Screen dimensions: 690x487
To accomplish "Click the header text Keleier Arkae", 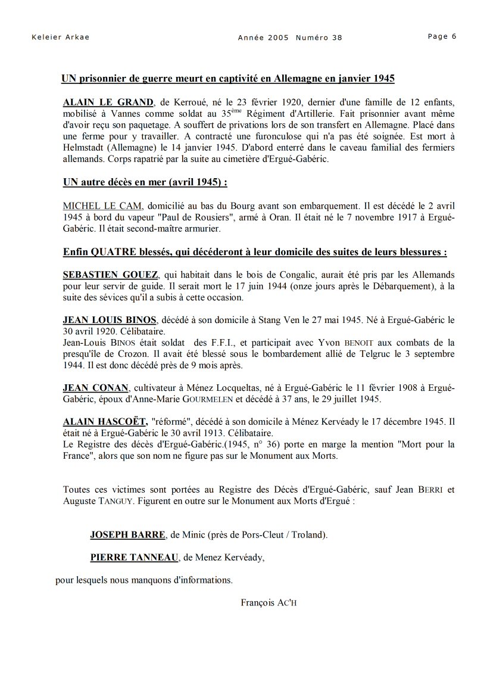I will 60,37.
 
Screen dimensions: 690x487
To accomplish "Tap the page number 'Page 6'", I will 442,36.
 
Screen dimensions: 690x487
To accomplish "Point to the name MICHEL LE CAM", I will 102,206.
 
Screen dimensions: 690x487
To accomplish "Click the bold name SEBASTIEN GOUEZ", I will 111,275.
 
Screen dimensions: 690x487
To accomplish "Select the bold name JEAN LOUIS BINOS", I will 110,320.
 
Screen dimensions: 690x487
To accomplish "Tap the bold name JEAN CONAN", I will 96,388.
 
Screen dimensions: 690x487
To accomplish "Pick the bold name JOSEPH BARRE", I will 127,534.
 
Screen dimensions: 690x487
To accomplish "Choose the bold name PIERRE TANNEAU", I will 135,557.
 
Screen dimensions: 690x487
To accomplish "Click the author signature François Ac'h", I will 269,602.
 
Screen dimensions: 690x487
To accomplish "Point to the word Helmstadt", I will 83,148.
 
